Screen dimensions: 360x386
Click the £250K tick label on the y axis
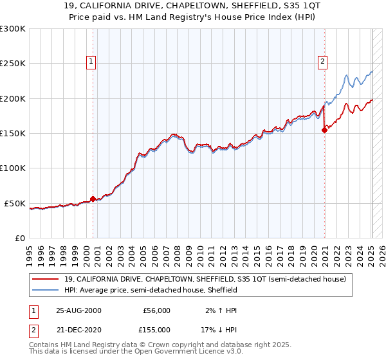point(13,64)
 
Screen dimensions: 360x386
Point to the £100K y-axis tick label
point(13,168)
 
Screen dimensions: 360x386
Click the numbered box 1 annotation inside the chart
point(91,62)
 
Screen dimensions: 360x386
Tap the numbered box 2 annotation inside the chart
point(322,62)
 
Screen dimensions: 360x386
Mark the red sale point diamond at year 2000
point(93,199)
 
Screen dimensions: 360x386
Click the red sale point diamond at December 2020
point(324,130)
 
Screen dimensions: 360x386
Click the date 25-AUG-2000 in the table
point(78,310)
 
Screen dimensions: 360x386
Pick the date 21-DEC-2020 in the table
point(78,328)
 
